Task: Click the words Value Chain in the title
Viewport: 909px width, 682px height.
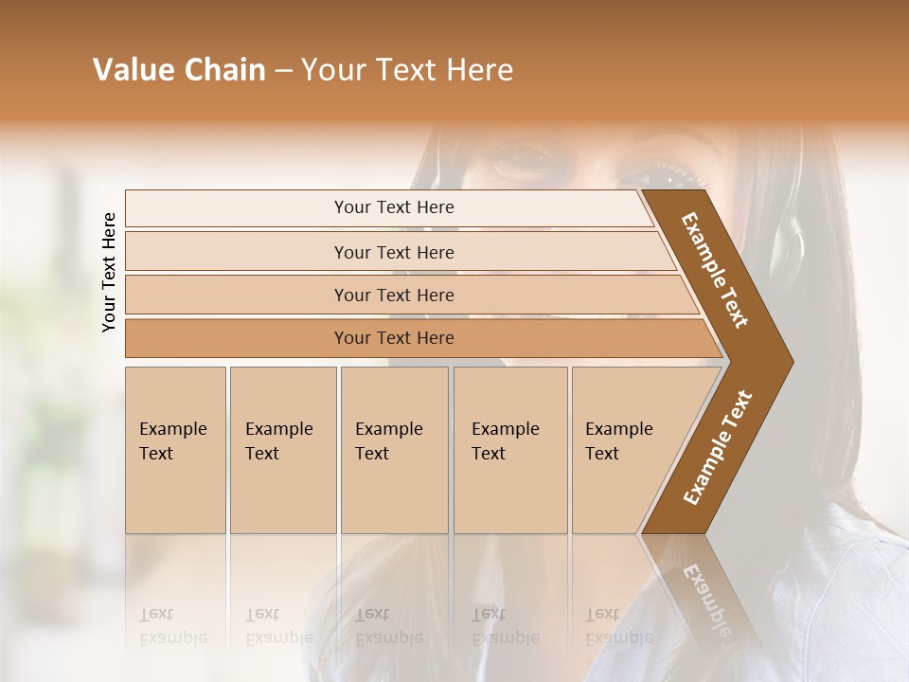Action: coord(179,70)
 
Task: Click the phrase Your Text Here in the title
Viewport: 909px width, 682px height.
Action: coord(407,70)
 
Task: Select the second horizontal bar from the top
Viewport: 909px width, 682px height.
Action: coord(394,252)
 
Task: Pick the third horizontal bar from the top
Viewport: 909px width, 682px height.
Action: coord(394,295)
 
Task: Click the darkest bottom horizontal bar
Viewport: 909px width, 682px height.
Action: coord(394,338)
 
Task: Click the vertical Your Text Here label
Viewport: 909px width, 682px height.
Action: coord(109,272)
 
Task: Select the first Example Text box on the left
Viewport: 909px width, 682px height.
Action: coord(175,450)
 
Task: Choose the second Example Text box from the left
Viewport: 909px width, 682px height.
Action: coord(282,450)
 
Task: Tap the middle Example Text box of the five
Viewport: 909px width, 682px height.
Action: coord(394,450)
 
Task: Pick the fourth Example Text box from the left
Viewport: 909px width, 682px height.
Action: coord(510,450)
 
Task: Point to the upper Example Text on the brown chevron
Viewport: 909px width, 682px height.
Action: coord(715,270)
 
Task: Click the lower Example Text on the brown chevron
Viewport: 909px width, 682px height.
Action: coord(717,447)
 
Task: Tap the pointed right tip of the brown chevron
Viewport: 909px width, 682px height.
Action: coord(788,361)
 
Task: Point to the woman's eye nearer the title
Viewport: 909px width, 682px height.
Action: coord(519,156)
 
